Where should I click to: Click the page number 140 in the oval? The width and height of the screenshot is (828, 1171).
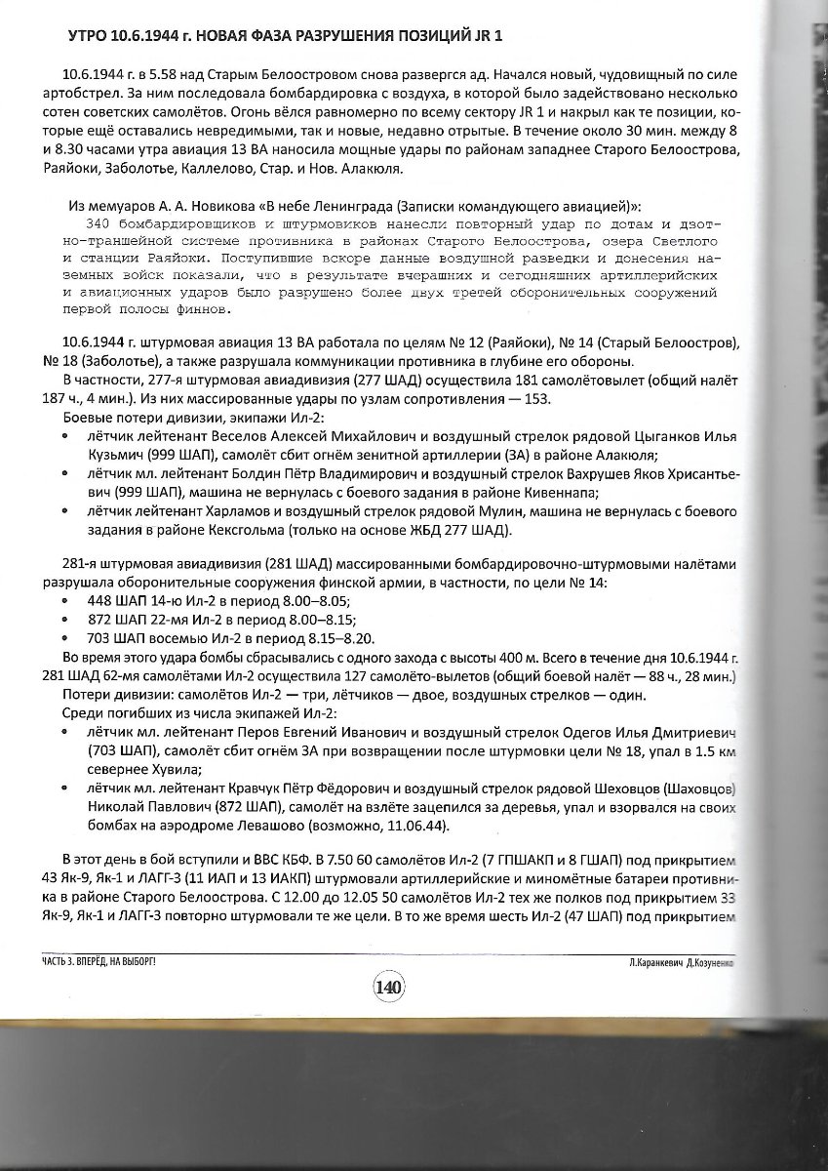pos(387,986)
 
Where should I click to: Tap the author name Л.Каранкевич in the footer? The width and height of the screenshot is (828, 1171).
pos(662,961)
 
